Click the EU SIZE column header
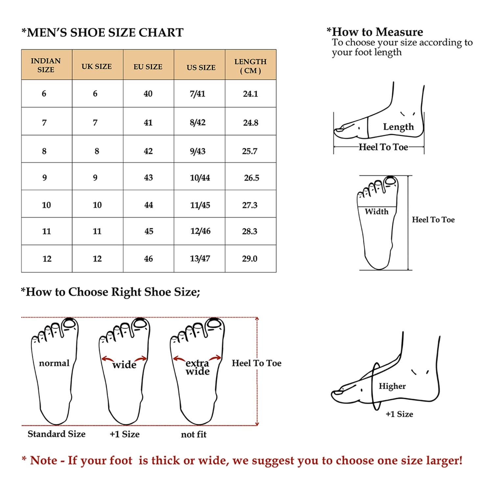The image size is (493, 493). pos(148,67)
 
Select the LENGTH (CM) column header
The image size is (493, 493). pos(250,66)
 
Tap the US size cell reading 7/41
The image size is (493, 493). pos(198,94)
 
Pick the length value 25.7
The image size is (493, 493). pos(250,151)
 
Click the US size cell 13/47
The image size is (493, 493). pos(200,259)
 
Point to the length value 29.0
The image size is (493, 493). pos(250,259)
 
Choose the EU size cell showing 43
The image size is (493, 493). pos(149,178)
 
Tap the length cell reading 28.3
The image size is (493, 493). pos(250,231)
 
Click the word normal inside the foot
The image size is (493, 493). pos(54,363)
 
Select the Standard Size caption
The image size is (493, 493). pos(57,434)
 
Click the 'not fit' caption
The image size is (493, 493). pos(194,434)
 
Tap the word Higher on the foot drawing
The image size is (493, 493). pos(392,386)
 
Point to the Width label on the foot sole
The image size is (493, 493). pos(377,212)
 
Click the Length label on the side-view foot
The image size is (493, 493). pos(398,127)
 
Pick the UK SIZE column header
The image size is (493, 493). pos(97,66)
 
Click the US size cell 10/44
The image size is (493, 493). pos(200,178)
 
